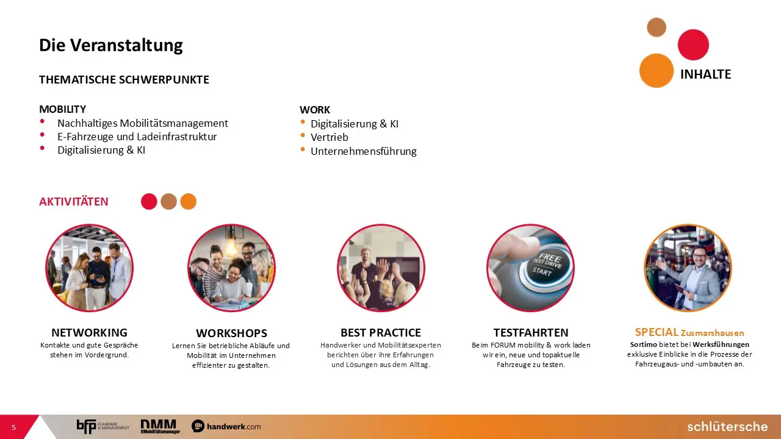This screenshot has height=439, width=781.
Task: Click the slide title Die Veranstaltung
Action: [111, 46]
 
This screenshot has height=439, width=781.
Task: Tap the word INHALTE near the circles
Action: [705, 74]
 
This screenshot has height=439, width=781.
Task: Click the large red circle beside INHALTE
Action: [693, 45]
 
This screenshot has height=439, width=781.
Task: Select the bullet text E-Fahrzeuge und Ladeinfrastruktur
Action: [137, 137]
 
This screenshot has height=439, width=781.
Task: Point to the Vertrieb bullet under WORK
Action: [329, 137]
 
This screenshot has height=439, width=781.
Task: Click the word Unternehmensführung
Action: [364, 151]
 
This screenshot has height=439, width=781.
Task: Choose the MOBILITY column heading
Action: [62, 109]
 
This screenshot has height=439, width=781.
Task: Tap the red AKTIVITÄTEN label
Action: [74, 201]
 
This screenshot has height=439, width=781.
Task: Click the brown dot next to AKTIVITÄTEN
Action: [169, 201]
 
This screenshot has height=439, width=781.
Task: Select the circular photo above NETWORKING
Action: [89, 268]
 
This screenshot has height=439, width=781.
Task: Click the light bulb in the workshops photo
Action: [231, 246]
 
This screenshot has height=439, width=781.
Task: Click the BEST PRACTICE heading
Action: [381, 333]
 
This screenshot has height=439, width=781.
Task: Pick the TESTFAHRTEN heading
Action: [531, 333]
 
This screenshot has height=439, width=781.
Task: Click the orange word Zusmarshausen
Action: [712, 333]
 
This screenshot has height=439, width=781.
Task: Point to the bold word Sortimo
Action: [643, 344]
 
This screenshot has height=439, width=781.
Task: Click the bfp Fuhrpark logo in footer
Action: [103, 426]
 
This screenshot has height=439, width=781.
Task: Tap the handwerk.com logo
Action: [226, 426]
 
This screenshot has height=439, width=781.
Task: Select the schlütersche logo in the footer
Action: [727, 426]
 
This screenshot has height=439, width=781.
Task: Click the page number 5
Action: [13, 427]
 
